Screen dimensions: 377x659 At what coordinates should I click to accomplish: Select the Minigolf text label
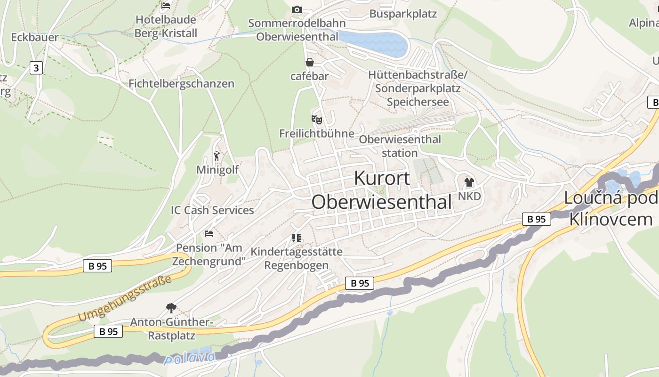click(217, 170)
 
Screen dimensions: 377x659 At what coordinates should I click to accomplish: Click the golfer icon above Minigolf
click(217, 156)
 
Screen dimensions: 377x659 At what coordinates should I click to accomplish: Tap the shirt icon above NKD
click(469, 182)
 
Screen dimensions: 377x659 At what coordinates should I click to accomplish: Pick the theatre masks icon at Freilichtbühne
click(316, 120)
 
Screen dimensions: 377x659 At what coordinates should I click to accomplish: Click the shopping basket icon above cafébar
click(310, 62)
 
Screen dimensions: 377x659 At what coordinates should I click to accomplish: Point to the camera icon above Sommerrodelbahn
click(297, 9)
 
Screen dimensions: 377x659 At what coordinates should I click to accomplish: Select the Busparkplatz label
click(403, 14)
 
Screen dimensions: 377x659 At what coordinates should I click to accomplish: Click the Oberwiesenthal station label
click(400, 146)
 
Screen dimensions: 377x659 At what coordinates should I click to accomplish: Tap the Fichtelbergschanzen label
click(181, 84)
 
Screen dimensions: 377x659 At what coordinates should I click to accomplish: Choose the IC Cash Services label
click(212, 210)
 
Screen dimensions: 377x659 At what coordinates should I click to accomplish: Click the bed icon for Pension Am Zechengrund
click(209, 234)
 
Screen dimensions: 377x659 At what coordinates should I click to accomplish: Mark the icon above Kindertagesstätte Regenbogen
click(296, 238)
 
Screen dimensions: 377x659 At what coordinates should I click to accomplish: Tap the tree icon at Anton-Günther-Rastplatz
click(171, 308)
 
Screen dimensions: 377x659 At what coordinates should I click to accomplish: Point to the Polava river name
click(189, 358)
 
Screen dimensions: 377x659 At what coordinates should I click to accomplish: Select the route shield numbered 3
click(36, 68)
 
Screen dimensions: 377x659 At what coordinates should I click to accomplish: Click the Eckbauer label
click(35, 38)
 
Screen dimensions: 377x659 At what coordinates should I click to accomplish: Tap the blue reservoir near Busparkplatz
click(374, 41)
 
